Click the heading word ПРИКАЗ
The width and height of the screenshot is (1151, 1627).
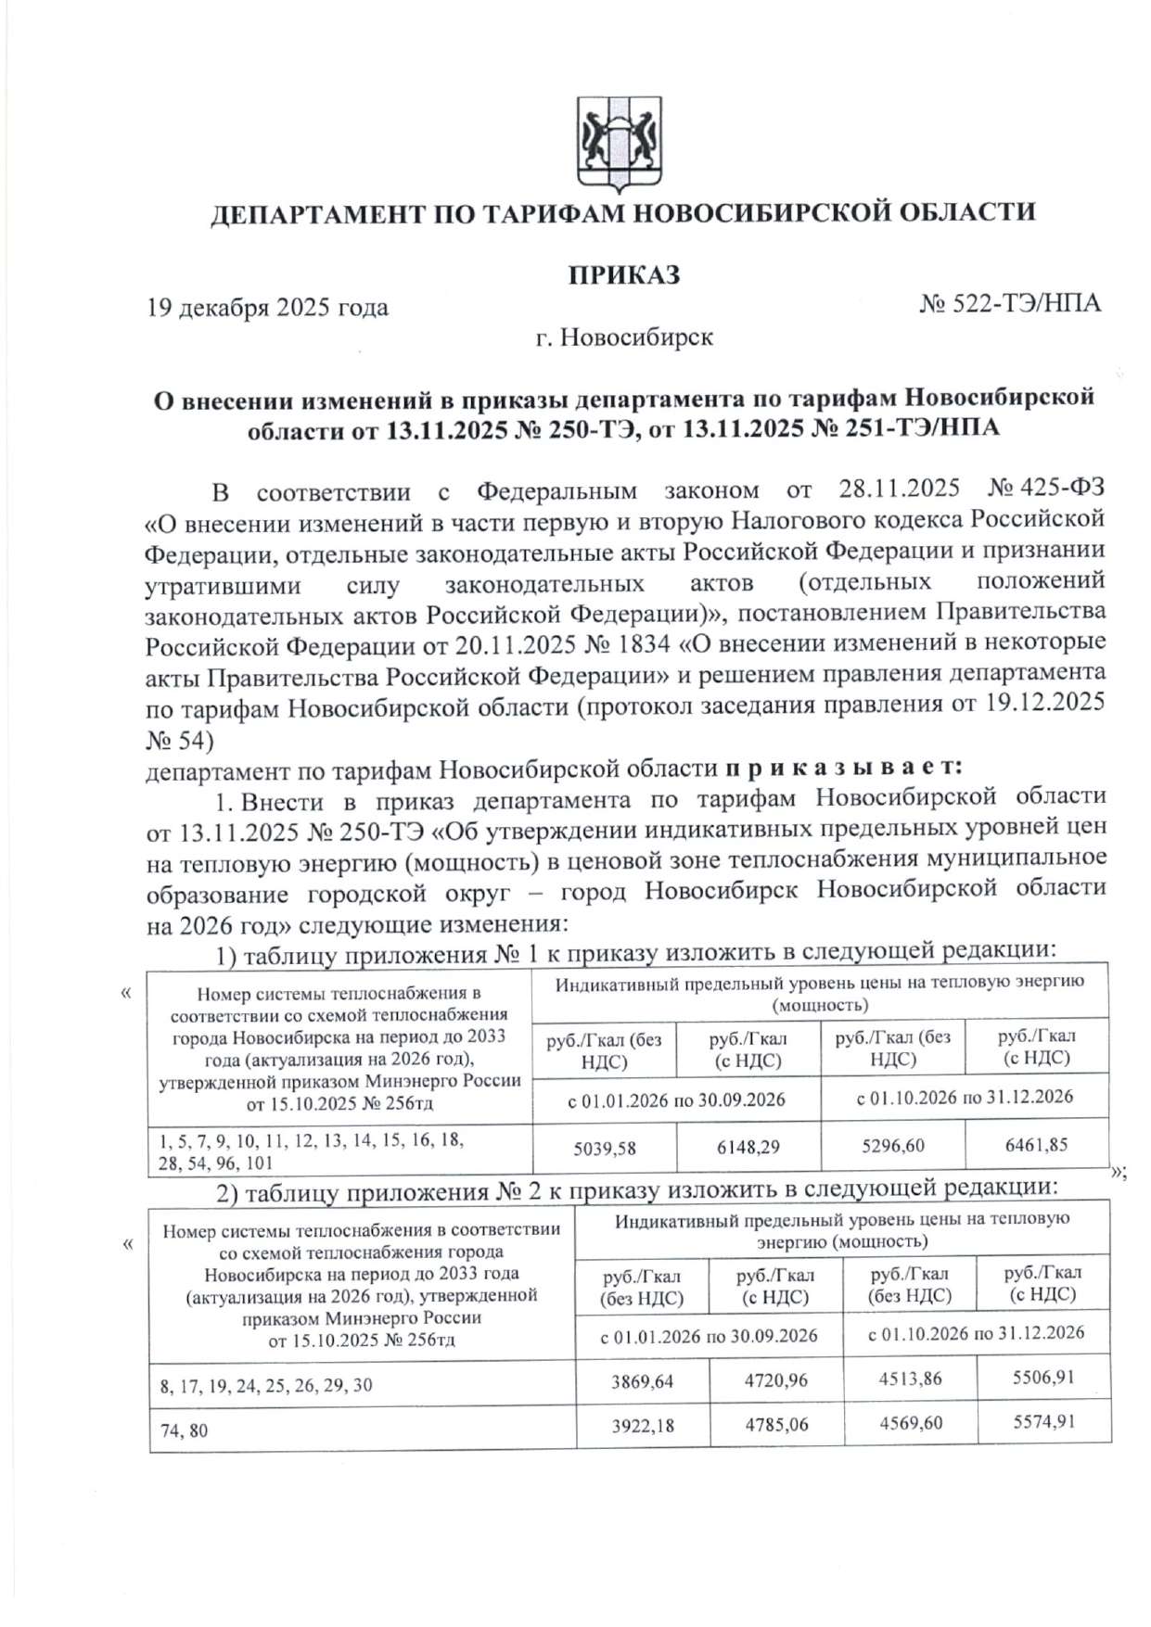624,275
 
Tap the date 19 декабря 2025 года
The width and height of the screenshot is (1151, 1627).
267,308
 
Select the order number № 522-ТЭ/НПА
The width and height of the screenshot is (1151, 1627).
1010,304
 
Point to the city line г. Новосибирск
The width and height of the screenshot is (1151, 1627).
624,337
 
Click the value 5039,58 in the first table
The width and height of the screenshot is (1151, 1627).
605,1149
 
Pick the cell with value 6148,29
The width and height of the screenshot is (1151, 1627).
748,1148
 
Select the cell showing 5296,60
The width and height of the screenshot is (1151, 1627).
892,1146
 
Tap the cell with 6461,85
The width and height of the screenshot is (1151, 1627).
1036,1145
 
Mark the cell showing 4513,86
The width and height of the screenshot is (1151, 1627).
910,1379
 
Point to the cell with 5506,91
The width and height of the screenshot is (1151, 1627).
1043,1378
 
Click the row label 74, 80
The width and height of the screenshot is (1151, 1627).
184,1431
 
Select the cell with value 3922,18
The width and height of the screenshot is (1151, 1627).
642,1426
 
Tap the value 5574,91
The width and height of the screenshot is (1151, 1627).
1043,1422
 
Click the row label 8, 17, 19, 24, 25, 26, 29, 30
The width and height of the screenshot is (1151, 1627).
266,1386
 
